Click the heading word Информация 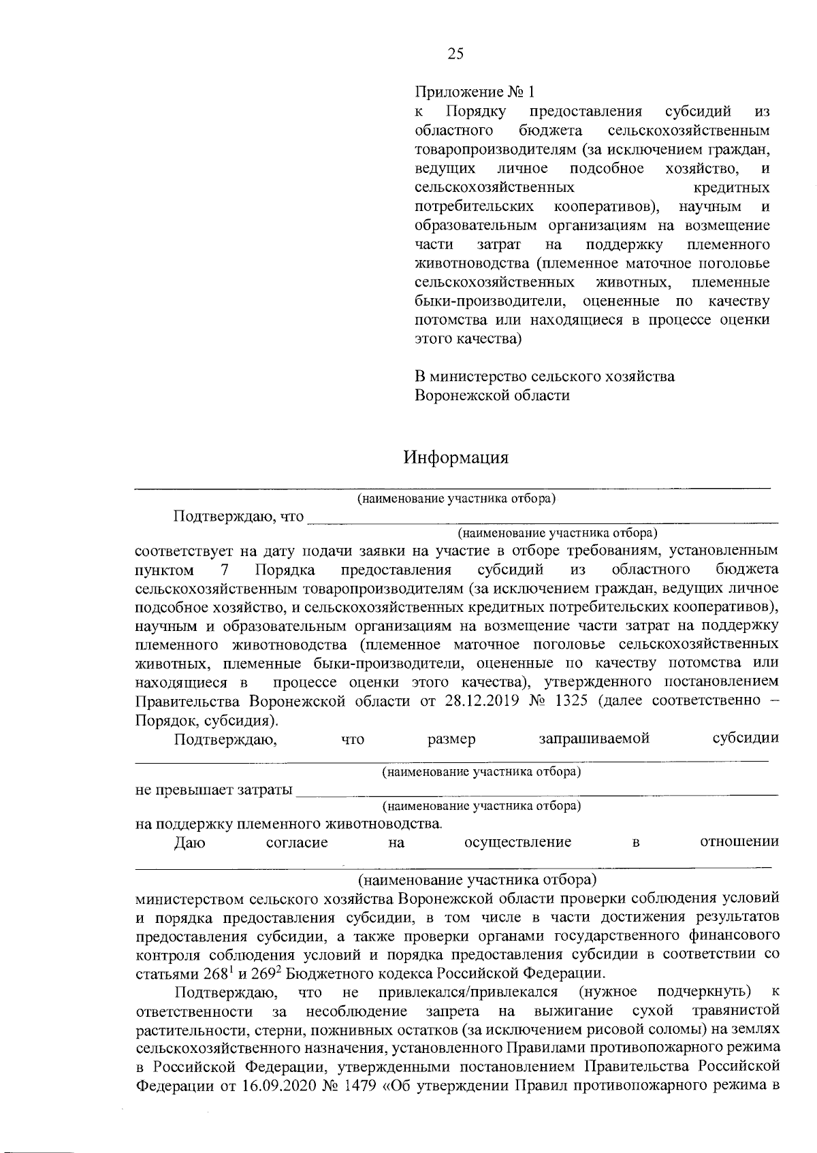pos(455,457)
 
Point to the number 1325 pos(571,702)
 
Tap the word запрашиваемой pos(594,739)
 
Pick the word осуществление pos(517,843)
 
